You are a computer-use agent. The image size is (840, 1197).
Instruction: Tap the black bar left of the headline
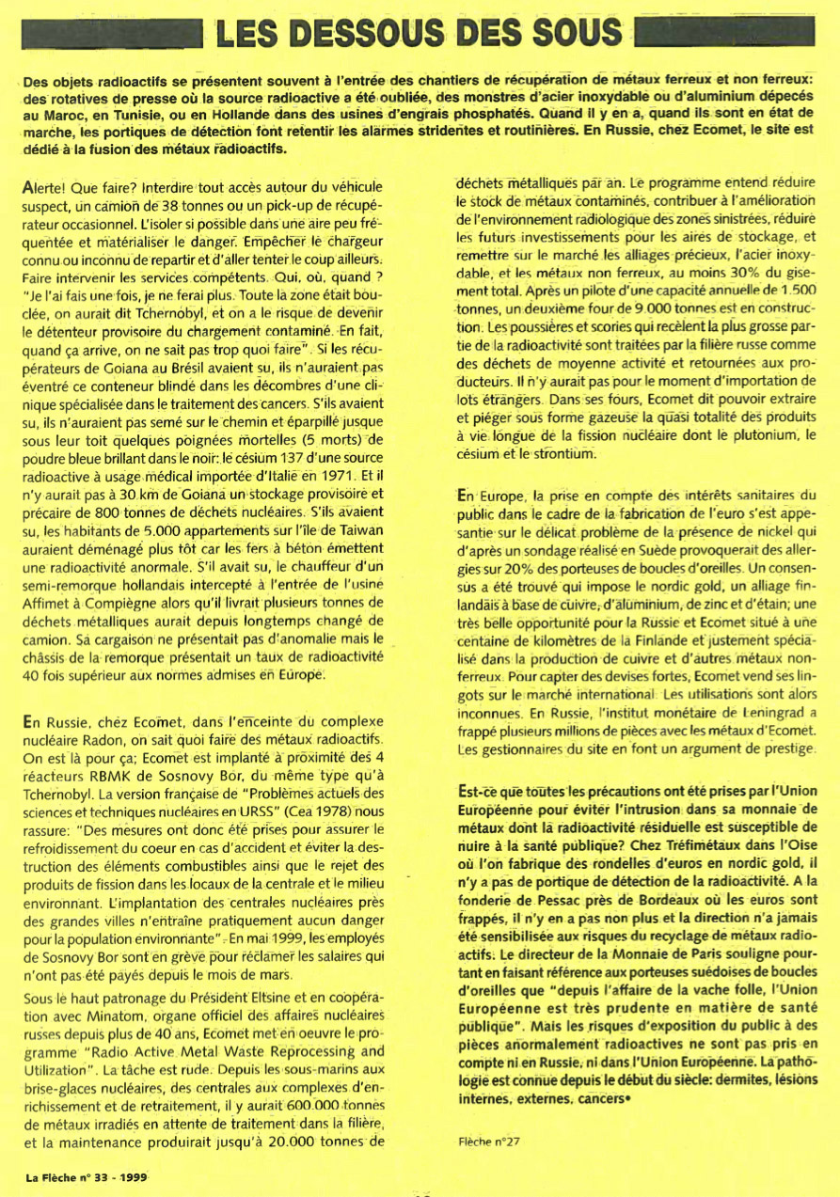(x=112, y=35)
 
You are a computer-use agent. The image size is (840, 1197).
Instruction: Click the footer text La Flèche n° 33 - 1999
(x=86, y=1175)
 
